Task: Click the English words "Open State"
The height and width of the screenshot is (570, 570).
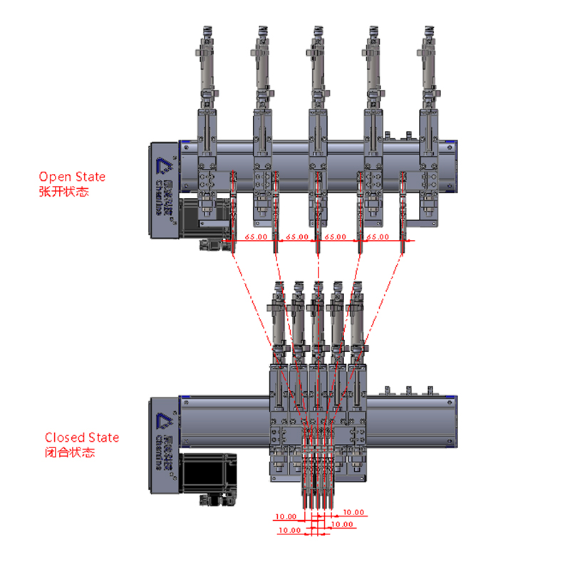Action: click(x=72, y=177)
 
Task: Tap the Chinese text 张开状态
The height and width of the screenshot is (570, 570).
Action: click(x=64, y=191)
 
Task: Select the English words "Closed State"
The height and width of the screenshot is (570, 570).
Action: click(x=82, y=437)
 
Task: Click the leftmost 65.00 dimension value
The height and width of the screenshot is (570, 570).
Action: click(x=256, y=237)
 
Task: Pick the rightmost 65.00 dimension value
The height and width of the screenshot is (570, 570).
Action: click(x=378, y=237)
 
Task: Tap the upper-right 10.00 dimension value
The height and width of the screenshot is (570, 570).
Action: click(x=353, y=512)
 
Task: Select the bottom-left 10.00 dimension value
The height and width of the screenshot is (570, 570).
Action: click(x=289, y=530)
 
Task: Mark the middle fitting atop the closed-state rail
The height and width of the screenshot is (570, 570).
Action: click(x=409, y=390)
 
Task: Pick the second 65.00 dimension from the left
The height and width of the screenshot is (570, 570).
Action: click(x=297, y=237)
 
